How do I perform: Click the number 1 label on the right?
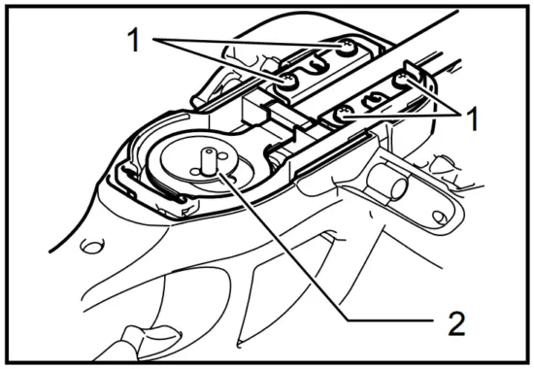(x=473, y=119)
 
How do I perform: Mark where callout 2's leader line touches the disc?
(x=220, y=174)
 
